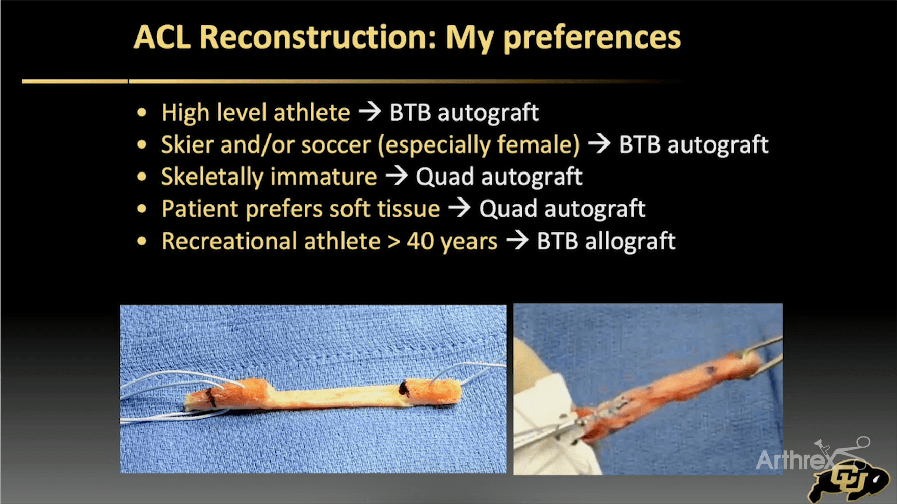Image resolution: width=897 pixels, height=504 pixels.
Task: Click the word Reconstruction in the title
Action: [x=317, y=37]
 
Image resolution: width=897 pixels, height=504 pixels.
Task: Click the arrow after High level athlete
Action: [x=370, y=112]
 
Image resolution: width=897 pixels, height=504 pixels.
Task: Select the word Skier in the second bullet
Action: [x=187, y=145]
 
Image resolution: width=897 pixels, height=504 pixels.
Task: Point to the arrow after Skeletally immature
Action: [x=396, y=176]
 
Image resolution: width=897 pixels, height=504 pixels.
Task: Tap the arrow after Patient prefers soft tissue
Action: [x=459, y=208]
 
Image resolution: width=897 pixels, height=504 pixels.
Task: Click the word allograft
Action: [x=630, y=242]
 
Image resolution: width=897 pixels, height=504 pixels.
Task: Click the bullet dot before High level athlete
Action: [x=142, y=112]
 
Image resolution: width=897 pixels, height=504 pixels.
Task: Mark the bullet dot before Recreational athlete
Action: [x=142, y=241]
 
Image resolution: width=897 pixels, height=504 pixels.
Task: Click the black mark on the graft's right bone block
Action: [x=404, y=388]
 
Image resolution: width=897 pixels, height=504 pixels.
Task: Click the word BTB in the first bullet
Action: [x=410, y=112]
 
